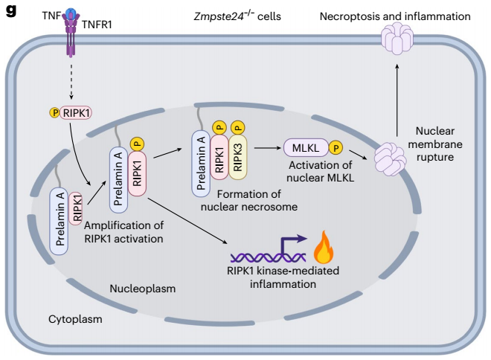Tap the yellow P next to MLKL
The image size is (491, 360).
[336, 147]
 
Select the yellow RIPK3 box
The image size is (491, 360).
[238, 158]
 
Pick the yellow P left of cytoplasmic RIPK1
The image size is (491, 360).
[54, 113]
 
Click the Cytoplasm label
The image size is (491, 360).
[75, 320]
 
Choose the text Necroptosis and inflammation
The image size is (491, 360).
[395, 16]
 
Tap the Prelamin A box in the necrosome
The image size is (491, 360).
[201, 164]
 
